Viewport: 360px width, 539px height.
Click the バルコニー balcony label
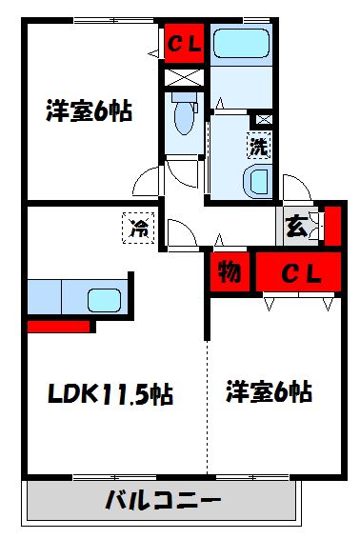pyautogui.click(x=163, y=500)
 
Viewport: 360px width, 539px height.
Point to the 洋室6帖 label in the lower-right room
pyautogui.click(x=270, y=391)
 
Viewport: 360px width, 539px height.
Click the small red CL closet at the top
pyautogui.click(x=183, y=44)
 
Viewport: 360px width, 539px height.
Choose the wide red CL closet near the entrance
pyautogui.click(x=297, y=273)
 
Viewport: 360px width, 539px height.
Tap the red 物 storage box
pyautogui.click(x=229, y=272)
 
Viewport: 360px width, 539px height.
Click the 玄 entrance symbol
pyautogui.click(x=296, y=227)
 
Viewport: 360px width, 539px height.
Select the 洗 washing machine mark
pyautogui.click(x=258, y=147)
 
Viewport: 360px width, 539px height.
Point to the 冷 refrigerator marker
pyautogui.click(x=139, y=228)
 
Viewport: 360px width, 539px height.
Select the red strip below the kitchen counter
pyautogui.click(x=58, y=326)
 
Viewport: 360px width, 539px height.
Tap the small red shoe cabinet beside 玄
pyautogui.click(x=331, y=225)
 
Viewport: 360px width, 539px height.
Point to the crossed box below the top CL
pyautogui.click(x=183, y=77)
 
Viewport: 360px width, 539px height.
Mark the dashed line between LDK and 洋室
pyautogui.click(x=208, y=409)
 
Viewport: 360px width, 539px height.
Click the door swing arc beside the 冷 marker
pyautogui.click(x=177, y=232)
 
